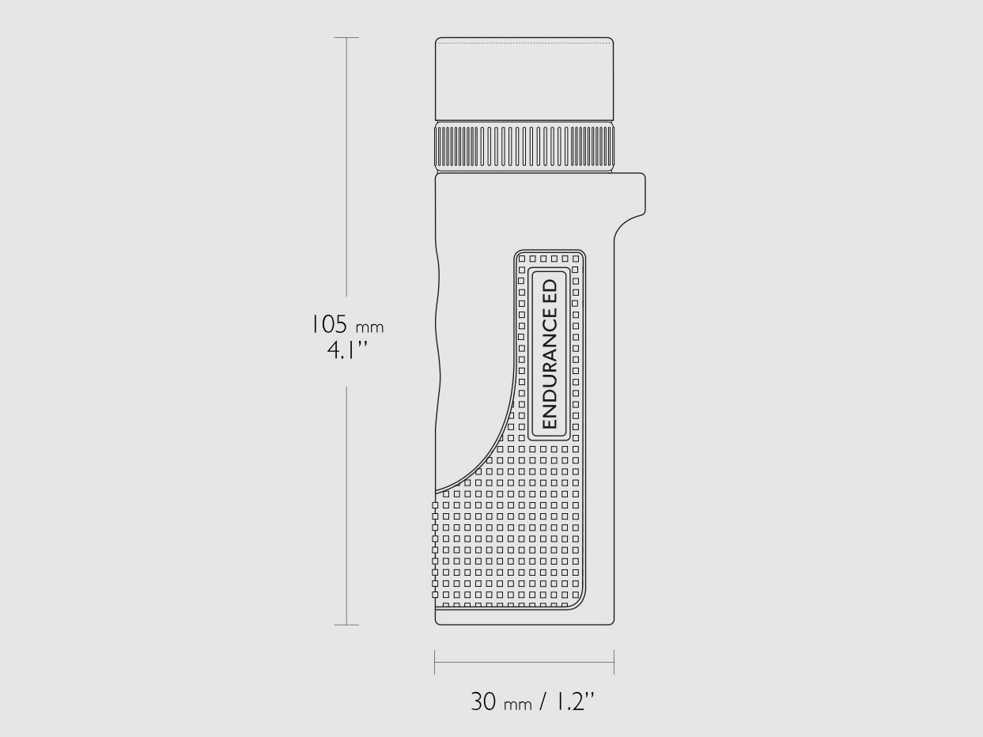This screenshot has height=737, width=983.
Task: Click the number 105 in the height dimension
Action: [x=329, y=324]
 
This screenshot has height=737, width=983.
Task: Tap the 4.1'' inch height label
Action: [x=347, y=350]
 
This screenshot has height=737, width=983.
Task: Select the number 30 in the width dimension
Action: [x=483, y=701]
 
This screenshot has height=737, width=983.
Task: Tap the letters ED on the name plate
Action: [x=550, y=290]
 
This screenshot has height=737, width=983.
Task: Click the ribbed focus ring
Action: [x=524, y=146]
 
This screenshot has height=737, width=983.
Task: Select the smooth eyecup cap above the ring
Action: [x=524, y=79]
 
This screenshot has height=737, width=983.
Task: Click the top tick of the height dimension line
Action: [x=346, y=38]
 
